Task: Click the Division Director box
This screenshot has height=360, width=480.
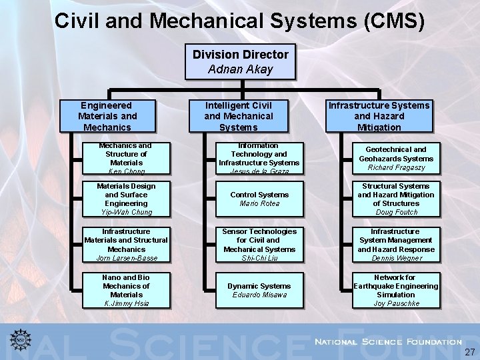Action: click(x=241, y=61)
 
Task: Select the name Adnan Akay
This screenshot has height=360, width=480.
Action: click(x=241, y=69)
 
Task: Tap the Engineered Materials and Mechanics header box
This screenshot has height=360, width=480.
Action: click(x=107, y=116)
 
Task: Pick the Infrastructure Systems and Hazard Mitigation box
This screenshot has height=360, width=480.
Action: click(x=379, y=116)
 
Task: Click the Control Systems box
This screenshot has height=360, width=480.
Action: click(x=259, y=199)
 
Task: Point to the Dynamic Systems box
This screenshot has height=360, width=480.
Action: click(x=259, y=290)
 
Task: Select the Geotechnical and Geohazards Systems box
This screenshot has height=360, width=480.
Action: click(x=396, y=158)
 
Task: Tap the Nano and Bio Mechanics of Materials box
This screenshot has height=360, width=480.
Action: click(x=126, y=290)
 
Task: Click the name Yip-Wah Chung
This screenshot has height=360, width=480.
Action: click(x=126, y=212)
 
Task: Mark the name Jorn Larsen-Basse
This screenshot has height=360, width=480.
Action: click(x=126, y=258)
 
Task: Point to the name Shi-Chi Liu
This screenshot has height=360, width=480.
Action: click(x=259, y=258)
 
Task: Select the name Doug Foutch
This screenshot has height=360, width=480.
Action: click(x=396, y=212)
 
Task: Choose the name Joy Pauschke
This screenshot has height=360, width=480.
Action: click(x=396, y=303)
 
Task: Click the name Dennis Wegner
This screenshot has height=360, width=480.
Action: click(x=396, y=258)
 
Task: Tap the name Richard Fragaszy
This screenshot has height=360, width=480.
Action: click(x=396, y=168)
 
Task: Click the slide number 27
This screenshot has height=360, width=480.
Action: click(x=470, y=352)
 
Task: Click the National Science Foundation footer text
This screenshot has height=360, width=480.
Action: click(x=388, y=341)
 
